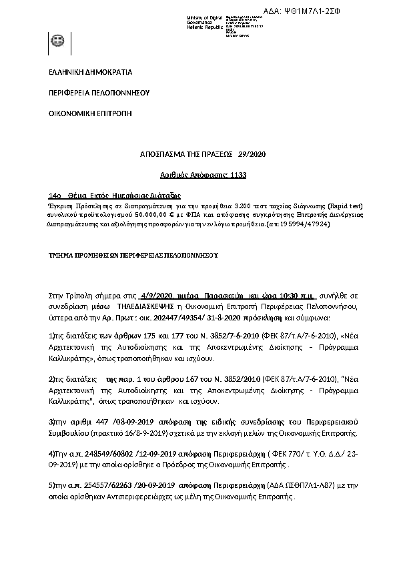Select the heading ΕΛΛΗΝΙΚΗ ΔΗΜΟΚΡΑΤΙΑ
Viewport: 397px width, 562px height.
[91, 72]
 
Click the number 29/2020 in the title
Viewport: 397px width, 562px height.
[252, 155]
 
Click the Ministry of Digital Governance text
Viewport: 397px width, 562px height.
[204, 21]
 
